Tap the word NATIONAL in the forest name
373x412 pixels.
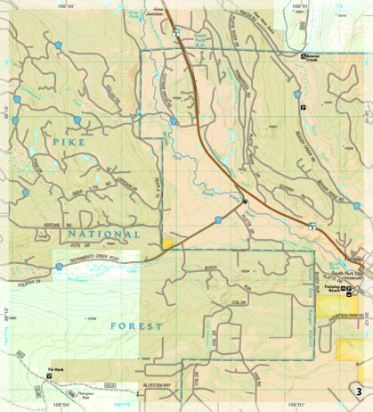point(101,234)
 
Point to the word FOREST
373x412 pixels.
point(136,326)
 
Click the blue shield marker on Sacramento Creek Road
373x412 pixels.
point(60,266)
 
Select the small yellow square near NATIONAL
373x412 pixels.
point(167,243)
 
